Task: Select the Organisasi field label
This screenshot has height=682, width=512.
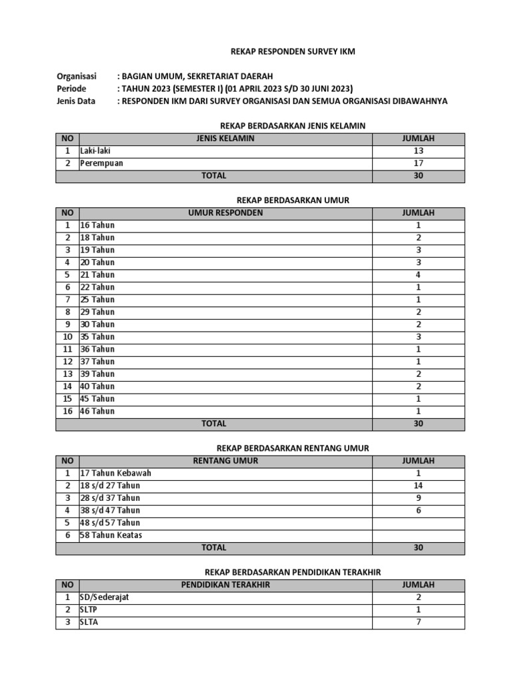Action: click(77, 77)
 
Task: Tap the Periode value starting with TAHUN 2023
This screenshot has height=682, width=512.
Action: click(235, 89)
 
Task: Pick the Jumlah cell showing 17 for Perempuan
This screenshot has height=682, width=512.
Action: click(418, 163)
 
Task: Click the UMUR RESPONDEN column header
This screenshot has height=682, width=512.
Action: click(225, 213)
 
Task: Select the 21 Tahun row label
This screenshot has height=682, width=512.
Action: click(97, 275)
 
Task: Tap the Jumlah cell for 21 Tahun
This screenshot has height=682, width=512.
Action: click(418, 275)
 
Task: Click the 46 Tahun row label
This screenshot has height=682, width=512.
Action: click(97, 411)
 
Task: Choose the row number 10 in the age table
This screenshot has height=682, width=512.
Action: click(67, 337)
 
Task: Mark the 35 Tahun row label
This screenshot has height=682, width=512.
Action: click(97, 337)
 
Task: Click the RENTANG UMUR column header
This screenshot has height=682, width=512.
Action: click(225, 461)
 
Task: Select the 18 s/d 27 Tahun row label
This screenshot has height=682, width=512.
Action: click(111, 486)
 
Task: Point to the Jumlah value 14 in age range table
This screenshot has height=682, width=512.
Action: click(418, 486)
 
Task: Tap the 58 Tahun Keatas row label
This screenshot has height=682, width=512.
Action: click(111, 535)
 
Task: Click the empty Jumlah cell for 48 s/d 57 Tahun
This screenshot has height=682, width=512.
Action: click(418, 523)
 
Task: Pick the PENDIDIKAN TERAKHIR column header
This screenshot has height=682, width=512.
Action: click(225, 585)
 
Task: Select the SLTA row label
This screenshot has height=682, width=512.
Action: click(89, 622)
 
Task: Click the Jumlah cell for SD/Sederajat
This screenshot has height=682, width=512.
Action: click(418, 597)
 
